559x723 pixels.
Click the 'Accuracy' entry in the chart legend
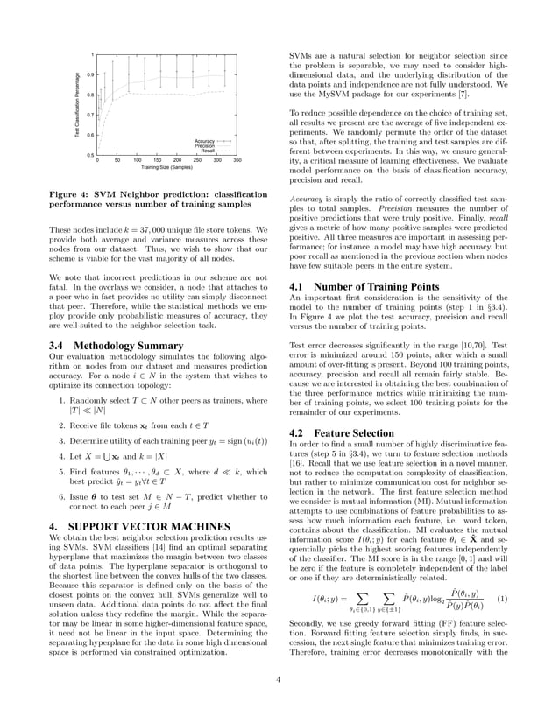click(205, 140)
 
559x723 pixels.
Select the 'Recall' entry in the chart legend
click(208, 151)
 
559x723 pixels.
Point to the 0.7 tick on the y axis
click(90, 115)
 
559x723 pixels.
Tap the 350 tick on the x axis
click(237, 161)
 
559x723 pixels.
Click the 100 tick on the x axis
click(137, 161)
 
